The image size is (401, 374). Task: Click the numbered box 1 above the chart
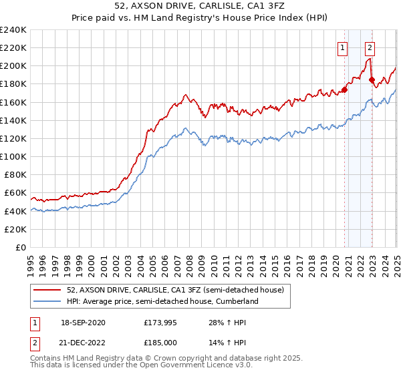tap(342, 47)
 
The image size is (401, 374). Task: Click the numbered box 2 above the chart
tap(370, 47)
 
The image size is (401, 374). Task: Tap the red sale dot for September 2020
tap(345, 89)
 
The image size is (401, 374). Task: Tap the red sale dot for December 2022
tap(372, 79)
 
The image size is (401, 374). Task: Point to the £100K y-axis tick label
tap(13, 156)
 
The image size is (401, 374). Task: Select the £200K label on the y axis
tap(13, 66)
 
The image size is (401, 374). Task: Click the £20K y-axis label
tap(16, 229)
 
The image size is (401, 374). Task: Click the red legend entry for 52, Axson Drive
tap(175, 290)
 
